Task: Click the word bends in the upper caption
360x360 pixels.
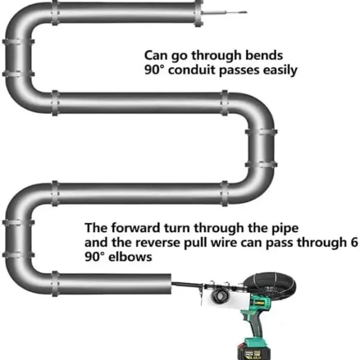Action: click(x=264, y=55)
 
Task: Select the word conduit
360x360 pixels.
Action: click(x=192, y=70)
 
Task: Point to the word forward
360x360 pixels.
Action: click(x=136, y=228)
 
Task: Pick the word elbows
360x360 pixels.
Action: click(x=130, y=257)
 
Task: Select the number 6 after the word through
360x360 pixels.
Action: click(x=354, y=242)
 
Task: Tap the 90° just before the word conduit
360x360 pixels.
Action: click(x=155, y=70)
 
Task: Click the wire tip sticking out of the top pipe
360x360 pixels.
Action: click(x=247, y=12)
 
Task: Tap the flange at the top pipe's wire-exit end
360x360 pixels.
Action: click(x=199, y=13)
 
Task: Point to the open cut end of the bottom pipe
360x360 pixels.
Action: click(x=170, y=284)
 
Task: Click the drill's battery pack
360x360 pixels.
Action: click(x=253, y=350)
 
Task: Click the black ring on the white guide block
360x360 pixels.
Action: click(x=220, y=295)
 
